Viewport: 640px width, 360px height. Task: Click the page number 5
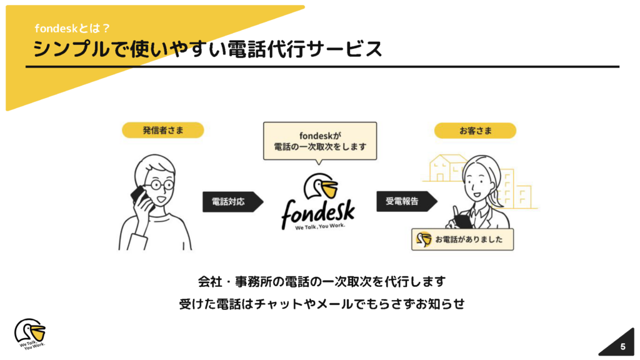[622, 346]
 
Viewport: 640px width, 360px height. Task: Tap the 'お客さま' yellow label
[475, 131]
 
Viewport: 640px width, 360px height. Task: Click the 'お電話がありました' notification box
[462, 239]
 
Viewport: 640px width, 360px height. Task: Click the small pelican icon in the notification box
[424, 239]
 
